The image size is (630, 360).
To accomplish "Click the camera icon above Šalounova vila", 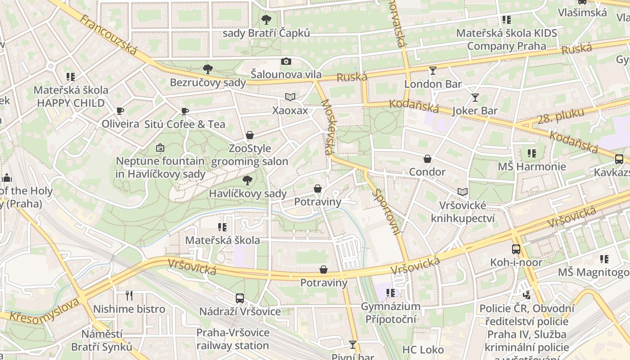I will tap(286, 61).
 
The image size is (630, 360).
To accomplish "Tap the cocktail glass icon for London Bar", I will tap(433, 71).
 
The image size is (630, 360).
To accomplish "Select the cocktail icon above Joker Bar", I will tap(475, 98).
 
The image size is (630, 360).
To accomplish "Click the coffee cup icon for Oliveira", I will tap(120, 111).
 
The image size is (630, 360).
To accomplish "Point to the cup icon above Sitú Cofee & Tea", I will tap(184, 111).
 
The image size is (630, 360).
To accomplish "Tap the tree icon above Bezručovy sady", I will tap(207, 69).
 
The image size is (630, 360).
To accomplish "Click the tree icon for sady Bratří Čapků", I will tap(266, 20).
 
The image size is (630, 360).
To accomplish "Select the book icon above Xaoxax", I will tap(290, 97).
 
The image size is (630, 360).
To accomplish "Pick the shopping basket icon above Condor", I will tap(427, 159).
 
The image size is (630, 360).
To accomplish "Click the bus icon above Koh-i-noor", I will tap(516, 249).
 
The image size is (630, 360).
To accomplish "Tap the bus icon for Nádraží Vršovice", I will tap(240, 298).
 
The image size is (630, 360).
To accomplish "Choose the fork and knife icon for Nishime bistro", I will tap(129, 296).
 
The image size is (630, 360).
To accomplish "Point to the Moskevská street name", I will tap(328, 127).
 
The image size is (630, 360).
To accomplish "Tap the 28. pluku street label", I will tap(561, 116).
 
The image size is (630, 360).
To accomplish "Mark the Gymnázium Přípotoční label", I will tap(391, 313).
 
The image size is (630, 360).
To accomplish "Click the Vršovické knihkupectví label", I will tap(463, 212).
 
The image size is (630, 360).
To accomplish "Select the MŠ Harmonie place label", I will tap(532, 166).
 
